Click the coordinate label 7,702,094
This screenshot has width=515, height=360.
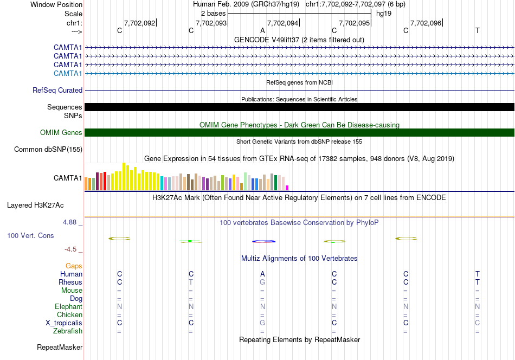tap(282, 23)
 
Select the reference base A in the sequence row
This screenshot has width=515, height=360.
tap(262, 30)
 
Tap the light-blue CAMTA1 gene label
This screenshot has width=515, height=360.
tap(68, 73)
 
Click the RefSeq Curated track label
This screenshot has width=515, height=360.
tap(57, 90)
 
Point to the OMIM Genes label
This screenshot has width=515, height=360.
tap(61, 132)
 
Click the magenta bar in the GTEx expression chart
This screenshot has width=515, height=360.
tap(287, 188)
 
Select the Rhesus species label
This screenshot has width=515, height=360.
tap(70, 282)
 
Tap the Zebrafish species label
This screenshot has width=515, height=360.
tap(68, 331)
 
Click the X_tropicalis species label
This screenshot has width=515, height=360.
tap(64, 323)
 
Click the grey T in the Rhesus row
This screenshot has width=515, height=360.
tap(191, 282)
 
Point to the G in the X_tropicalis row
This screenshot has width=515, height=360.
tap(262, 323)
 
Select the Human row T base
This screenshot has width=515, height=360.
tap(477, 274)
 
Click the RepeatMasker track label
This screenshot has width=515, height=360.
tap(60, 347)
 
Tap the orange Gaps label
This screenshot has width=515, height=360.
tap(74, 266)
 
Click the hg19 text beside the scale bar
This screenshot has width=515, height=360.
tap(384, 14)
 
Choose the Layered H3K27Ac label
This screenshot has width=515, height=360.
tap(35, 205)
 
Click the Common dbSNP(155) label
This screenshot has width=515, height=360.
tap(48, 150)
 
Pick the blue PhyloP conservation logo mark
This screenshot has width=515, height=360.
tap(264, 241)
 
